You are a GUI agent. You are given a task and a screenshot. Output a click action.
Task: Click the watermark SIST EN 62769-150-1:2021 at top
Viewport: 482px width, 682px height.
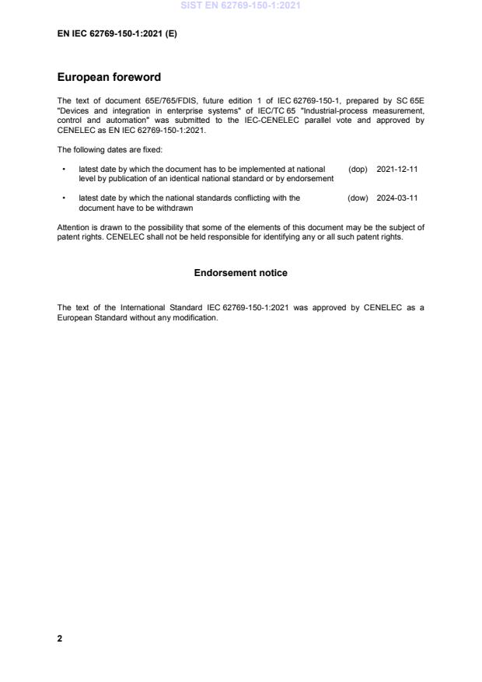(x=240, y=5)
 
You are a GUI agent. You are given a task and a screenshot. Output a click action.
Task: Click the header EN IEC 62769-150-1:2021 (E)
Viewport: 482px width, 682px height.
(x=117, y=34)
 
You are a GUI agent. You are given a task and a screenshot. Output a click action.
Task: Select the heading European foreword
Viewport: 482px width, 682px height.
(x=109, y=78)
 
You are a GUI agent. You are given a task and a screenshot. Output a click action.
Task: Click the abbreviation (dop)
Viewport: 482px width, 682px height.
(x=358, y=169)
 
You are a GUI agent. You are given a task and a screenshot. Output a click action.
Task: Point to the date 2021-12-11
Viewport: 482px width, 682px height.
(x=397, y=169)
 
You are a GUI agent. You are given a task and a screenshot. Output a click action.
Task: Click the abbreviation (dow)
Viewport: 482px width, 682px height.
(x=358, y=198)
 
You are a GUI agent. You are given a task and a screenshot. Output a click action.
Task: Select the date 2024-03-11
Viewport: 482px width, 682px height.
(x=397, y=198)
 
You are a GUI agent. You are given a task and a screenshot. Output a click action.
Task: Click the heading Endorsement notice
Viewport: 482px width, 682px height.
(x=240, y=273)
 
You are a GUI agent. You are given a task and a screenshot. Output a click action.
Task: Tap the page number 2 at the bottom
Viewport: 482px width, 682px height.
(x=60, y=638)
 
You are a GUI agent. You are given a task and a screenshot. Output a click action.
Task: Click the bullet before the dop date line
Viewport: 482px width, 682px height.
(x=63, y=169)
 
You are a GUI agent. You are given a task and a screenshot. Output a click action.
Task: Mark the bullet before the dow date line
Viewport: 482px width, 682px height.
(x=63, y=198)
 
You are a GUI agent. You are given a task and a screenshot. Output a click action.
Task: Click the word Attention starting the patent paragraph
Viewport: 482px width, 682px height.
(x=74, y=227)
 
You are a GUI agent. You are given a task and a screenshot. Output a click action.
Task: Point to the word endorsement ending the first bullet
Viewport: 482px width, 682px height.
(x=311, y=179)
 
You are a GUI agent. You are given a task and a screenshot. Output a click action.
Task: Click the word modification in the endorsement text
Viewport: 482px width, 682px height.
(x=197, y=317)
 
